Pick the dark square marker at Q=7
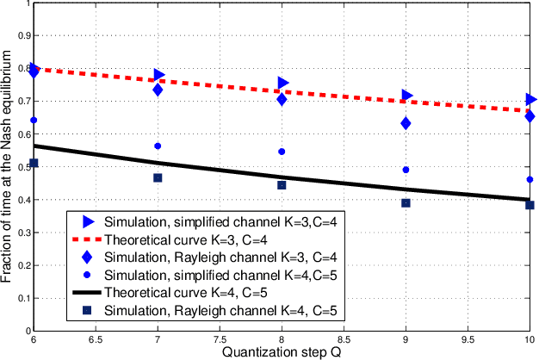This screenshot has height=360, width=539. pos(158,177)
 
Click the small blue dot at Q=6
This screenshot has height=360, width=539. pos(34,121)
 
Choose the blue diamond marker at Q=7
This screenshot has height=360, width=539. pos(158,90)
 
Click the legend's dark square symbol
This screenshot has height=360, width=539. pos(86,310)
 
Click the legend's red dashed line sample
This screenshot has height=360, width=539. pos(86,239)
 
